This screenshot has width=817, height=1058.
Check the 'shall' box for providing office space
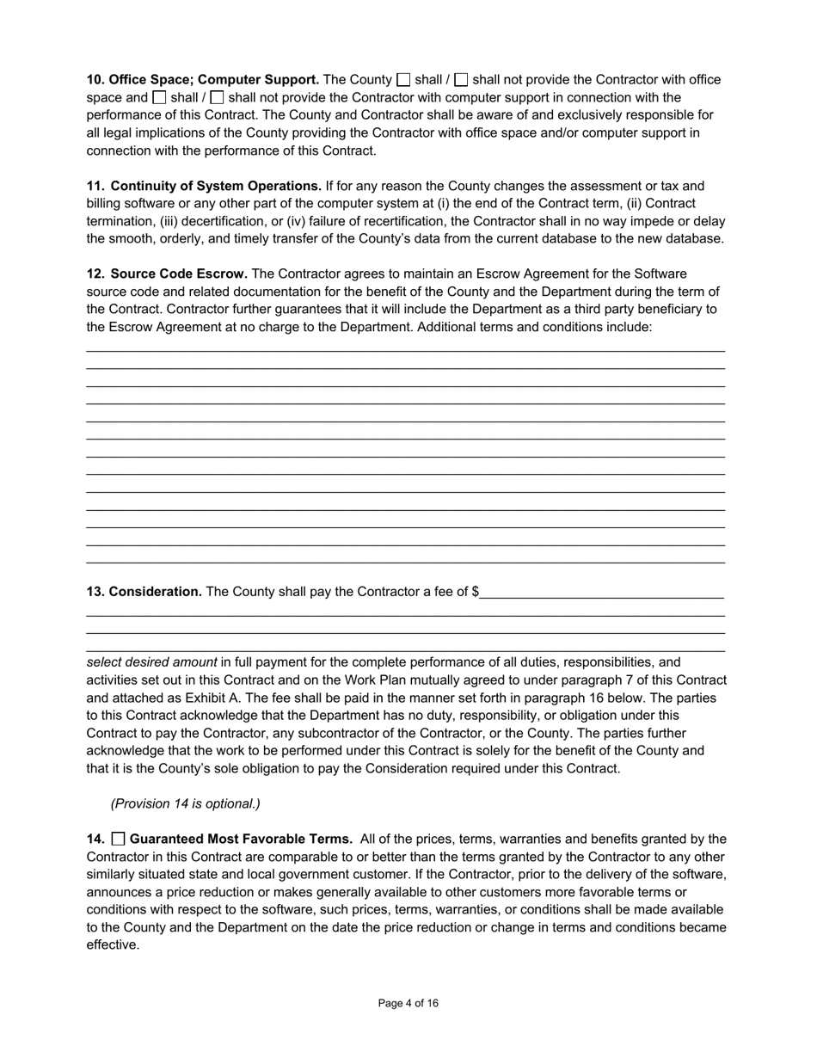click(403, 80)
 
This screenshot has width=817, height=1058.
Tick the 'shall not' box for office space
click(461, 80)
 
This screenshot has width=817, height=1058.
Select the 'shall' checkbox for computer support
click(159, 97)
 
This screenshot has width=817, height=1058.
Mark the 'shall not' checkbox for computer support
click(217, 97)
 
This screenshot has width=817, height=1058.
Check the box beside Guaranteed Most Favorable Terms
click(119, 839)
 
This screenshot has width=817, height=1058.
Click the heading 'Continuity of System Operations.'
click(216, 186)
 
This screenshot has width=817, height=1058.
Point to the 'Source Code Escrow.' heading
click(179, 274)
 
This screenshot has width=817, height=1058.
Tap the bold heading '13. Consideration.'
click(144, 592)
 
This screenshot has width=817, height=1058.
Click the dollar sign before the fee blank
click(476, 592)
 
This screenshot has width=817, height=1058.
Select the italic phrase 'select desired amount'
click(151, 662)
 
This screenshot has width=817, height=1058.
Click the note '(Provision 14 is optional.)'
click(185, 803)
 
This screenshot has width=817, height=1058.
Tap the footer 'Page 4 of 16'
click(408, 1003)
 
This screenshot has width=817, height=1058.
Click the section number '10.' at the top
click(95, 80)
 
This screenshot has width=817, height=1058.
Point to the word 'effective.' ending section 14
click(113, 944)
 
